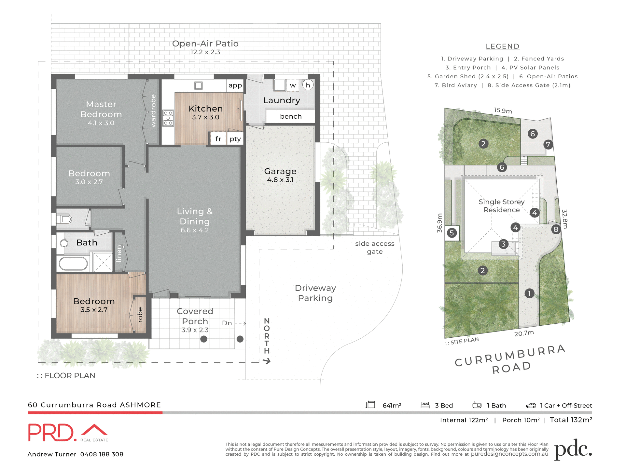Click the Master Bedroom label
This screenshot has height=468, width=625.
pyautogui.click(x=101, y=109)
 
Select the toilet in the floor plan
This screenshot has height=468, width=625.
pyautogui.click(x=65, y=219)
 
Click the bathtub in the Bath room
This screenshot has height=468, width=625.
pyautogui.click(x=73, y=264)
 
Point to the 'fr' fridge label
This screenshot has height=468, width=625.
pyautogui.click(x=218, y=139)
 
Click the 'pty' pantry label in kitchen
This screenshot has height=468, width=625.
pyautogui.click(x=235, y=139)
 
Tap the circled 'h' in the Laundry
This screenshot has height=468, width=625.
pyautogui.click(x=308, y=85)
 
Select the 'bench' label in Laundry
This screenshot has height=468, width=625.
pyautogui.click(x=291, y=116)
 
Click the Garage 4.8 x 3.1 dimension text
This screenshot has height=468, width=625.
pyautogui.click(x=280, y=180)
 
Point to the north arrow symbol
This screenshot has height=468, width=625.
pyautogui.click(x=267, y=361)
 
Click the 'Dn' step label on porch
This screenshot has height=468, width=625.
pyautogui.click(x=227, y=323)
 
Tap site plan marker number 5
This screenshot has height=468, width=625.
pyautogui.click(x=451, y=233)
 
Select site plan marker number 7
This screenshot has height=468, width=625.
pyautogui.click(x=548, y=144)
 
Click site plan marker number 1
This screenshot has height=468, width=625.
pyautogui.click(x=529, y=293)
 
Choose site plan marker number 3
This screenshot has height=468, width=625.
pyautogui.click(x=503, y=244)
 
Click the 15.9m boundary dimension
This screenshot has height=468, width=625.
pyautogui.click(x=503, y=110)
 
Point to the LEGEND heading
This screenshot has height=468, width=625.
pyautogui.click(x=502, y=46)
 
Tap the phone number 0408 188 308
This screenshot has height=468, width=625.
pyautogui.click(x=102, y=454)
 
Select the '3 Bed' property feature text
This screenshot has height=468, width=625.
pyautogui.click(x=444, y=406)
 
